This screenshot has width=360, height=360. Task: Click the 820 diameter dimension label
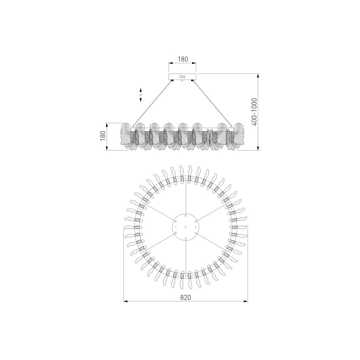click(x=185, y=297)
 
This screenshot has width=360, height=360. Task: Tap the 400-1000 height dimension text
click(x=254, y=112)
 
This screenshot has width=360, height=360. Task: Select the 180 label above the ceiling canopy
click(x=183, y=59)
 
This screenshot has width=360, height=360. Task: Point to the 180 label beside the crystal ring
click(x=103, y=136)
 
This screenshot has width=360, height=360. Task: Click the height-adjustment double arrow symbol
click(x=140, y=95)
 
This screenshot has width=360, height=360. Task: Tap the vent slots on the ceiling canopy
click(x=182, y=76)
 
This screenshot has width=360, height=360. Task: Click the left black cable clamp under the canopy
click(x=172, y=80)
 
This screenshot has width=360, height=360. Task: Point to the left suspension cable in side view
click(x=152, y=104)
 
